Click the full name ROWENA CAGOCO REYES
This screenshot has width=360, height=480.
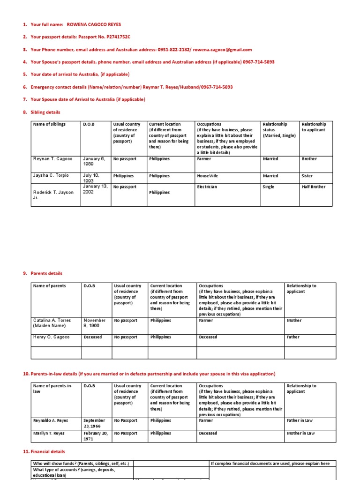tap(97, 24)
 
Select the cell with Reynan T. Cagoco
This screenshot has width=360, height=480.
tap(53, 159)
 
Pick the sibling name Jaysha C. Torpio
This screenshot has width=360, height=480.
tap(51, 176)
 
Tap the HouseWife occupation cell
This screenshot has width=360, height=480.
tap(208, 176)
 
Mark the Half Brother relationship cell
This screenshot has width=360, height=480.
tap(314, 187)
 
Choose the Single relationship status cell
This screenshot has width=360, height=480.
tap(269, 187)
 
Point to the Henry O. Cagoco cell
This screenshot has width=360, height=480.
tap(51, 337)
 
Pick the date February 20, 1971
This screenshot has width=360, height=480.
tap(95, 436)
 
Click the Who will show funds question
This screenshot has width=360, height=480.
tap(81, 464)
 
